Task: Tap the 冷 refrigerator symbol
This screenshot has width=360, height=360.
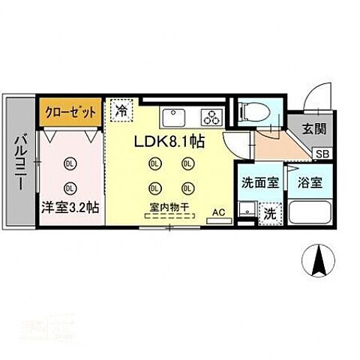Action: coord(121,111)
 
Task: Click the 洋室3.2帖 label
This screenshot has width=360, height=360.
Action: coord(72,208)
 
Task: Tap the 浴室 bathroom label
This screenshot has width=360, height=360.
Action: coord(308,181)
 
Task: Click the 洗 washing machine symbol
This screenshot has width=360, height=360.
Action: coord(270,213)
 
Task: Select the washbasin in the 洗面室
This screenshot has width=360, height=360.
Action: coord(246,208)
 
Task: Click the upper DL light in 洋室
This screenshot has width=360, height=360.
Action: coord(70,163)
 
